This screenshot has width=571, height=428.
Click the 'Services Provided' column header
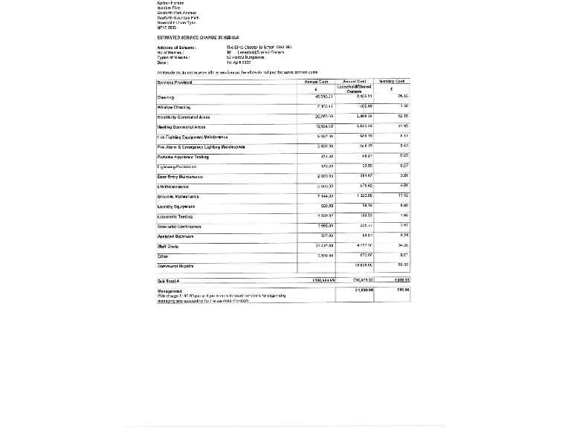point(175,82)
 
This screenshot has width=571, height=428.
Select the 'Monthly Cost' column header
point(392,81)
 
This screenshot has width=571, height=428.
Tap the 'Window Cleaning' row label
point(174,107)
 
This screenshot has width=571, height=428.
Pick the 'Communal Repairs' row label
point(175,265)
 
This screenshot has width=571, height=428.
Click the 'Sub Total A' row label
point(167,281)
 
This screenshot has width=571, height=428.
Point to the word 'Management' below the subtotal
point(170,291)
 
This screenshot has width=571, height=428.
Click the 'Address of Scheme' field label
point(177,47)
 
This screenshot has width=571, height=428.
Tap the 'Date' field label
point(162,62)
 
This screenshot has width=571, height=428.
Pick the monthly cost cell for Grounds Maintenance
point(404,195)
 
